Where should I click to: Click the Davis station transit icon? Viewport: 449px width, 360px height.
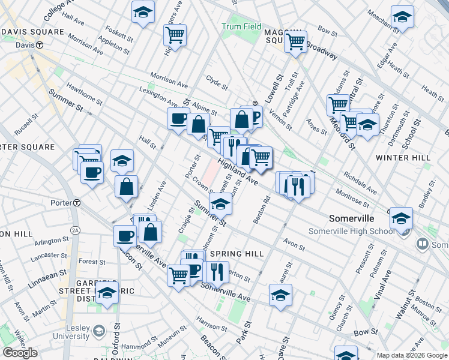pyautogui.click(x=40, y=45)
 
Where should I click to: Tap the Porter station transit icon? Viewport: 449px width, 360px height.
pyautogui.click(x=76, y=203)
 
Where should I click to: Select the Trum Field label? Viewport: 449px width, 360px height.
pyautogui.click(x=241, y=27)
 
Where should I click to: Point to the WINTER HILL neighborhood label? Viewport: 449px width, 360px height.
pyautogui.click(x=403, y=157)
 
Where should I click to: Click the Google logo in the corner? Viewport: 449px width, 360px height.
pyautogui.click(x=20, y=353)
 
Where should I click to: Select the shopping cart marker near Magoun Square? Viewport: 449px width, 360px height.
pyautogui.click(x=295, y=42)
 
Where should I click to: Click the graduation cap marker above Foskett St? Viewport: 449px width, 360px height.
pyautogui.click(x=143, y=11)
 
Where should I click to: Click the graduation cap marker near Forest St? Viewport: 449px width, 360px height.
pyautogui.click(x=107, y=293)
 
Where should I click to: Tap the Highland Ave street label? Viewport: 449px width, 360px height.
pyautogui.click(x=238, y=171)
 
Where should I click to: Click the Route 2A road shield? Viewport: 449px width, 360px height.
pyautogui.click(x=75, y=230)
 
